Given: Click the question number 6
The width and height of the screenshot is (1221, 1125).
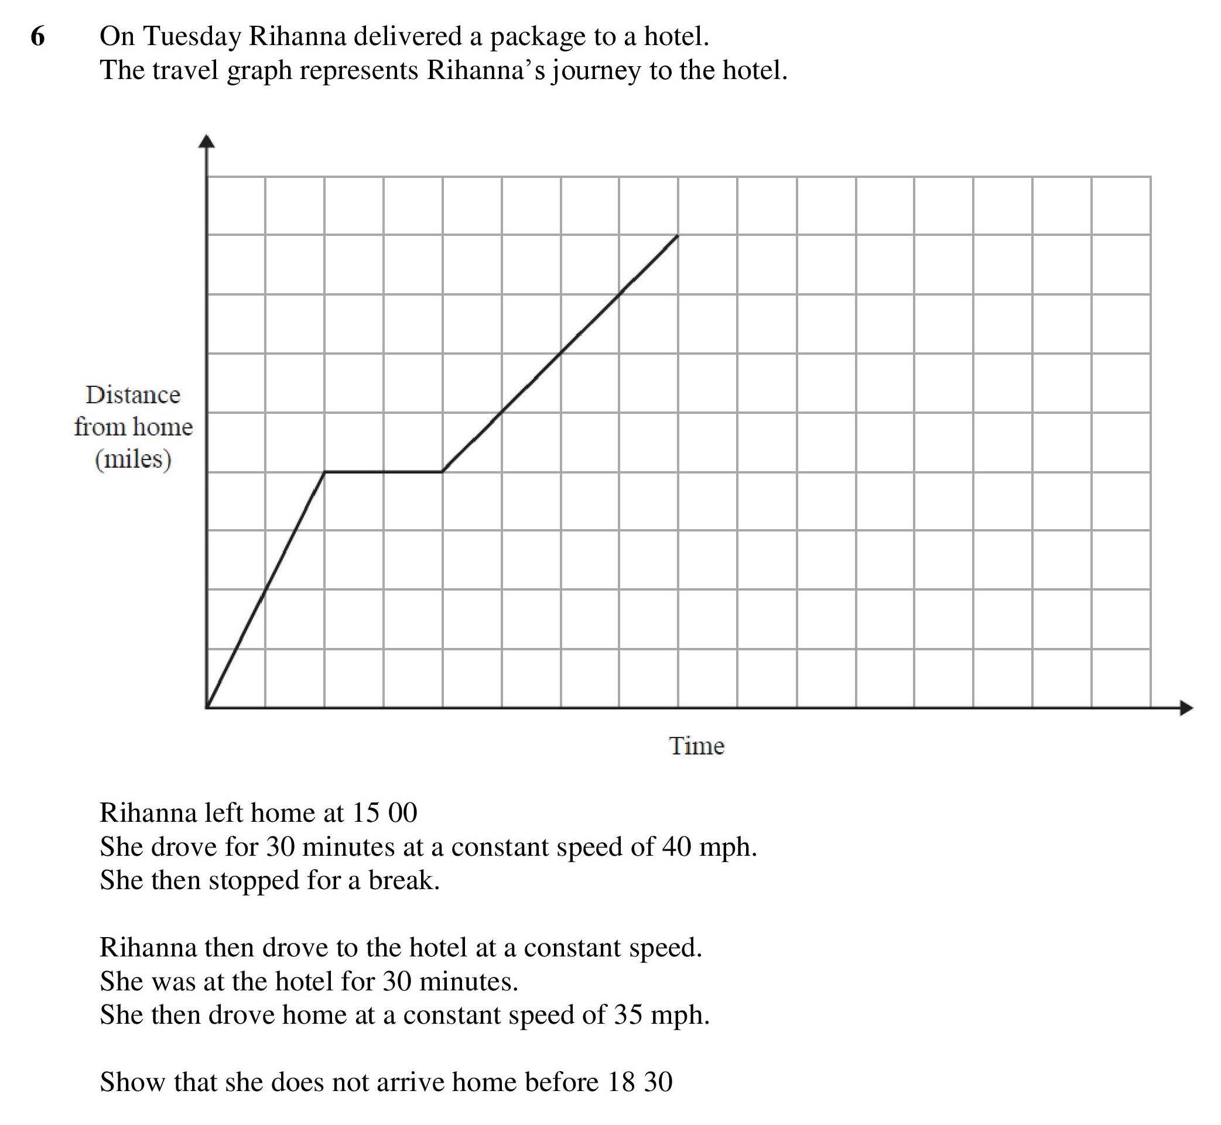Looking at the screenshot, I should (x=37, y=37).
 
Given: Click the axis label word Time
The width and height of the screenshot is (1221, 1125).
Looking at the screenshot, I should (x=697, y=746).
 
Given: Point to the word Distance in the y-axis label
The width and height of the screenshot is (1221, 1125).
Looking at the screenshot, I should (x=133, y=395).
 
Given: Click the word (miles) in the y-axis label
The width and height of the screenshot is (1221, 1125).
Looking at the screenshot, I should (x=133, y=459).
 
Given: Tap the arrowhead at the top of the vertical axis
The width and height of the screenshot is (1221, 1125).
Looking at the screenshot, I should (x=208, y=141).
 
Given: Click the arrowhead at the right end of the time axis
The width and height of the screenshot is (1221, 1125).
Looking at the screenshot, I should (x=1186, y=708).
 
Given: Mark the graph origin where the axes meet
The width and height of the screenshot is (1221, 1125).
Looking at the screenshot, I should (x=207, y=708).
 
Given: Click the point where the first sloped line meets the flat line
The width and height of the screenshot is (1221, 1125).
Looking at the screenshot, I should (x=325, y=472).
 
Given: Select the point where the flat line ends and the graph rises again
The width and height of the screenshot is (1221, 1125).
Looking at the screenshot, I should (x=443, y=472).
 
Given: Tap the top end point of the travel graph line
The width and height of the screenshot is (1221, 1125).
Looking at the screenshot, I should (x=678, y=235).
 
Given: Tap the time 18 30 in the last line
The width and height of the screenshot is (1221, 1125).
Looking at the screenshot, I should (x=639, y=1082).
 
